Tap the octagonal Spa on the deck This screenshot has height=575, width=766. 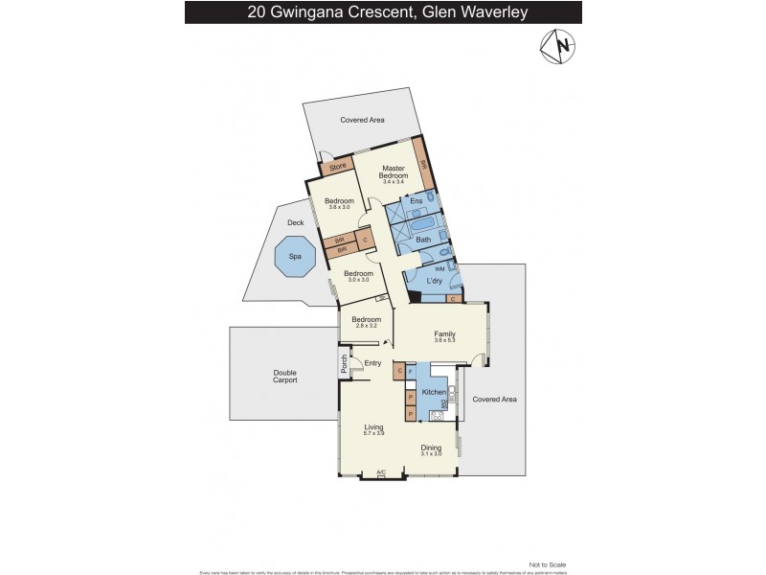[x=295, y=256]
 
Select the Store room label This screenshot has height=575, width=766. [x=337, y=168]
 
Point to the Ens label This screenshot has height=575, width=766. [x=417, y=201]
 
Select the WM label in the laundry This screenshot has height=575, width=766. [x=439, y=269]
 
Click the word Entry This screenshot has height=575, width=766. [x=372, y=363]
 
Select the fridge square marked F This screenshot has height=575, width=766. [x=411, y=370]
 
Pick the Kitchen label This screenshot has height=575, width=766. [x=434, y=393]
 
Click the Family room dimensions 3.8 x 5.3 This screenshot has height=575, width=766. [x=443, y=341]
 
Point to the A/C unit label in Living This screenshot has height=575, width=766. [x=381, y=471]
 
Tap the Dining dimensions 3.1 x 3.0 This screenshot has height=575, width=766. [x=433, y=453]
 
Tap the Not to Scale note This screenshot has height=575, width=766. [x=548, y=565]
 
